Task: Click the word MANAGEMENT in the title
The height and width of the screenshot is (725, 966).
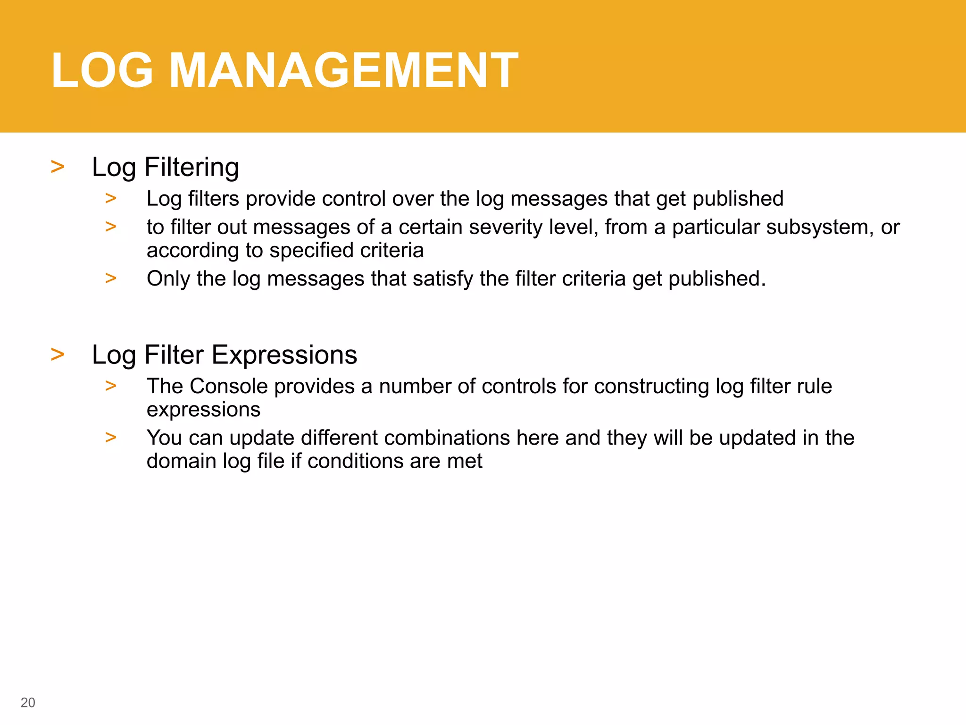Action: [x=343, y=71]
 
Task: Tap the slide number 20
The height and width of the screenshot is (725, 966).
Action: [x=28, y=702]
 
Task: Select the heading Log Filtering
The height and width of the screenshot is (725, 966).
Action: [x=165, y=167]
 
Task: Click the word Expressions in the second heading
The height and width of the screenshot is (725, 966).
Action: [x=284, y=355]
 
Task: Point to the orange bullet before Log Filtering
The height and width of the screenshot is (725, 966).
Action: [x=58, y=167]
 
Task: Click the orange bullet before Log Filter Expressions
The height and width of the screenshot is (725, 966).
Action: [x=58, y=354]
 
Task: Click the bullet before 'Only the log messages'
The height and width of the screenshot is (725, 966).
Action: [x=111, y=278]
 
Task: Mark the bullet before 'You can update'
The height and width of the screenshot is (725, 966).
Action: [x=111, y=437]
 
